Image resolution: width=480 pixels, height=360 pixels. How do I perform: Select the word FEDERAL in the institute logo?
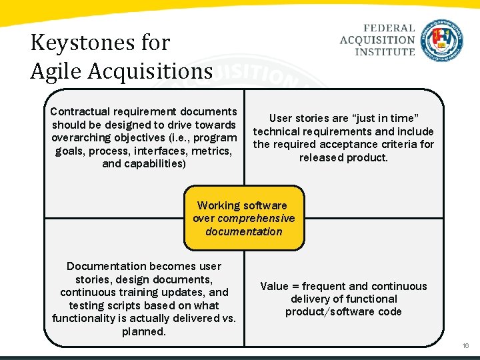point(389,29)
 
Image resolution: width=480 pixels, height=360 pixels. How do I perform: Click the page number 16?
point(465,346)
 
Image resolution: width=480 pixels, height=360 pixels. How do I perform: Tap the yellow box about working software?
point(244,219)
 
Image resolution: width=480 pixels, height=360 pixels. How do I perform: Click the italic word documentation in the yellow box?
point(244,232)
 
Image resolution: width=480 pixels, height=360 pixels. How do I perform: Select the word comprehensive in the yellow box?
point(256,219)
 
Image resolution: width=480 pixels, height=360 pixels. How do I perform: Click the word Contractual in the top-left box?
point(80,111)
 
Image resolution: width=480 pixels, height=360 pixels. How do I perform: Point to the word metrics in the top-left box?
point(210,151)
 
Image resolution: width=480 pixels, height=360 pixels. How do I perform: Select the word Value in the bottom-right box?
point(274,286)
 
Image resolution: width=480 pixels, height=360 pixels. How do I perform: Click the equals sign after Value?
point(295,286)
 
